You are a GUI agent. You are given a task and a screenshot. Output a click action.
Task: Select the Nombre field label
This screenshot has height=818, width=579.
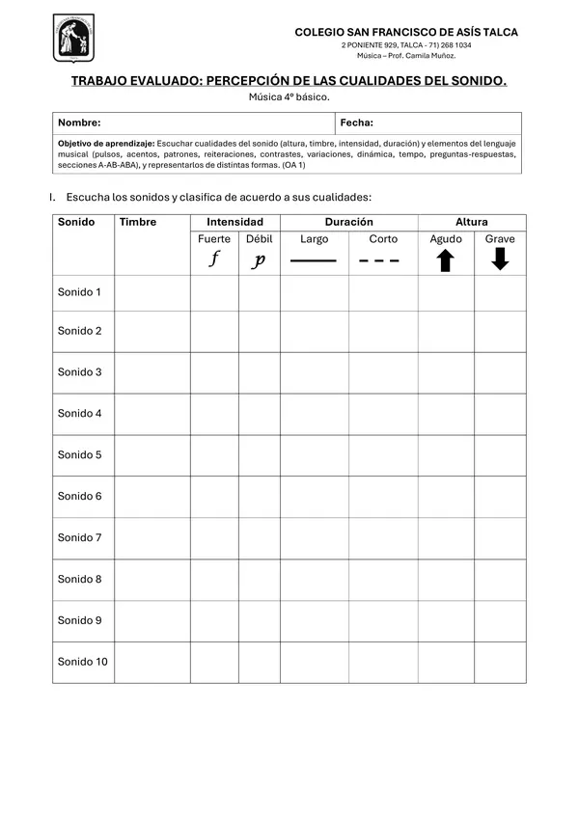(x=79, y=123)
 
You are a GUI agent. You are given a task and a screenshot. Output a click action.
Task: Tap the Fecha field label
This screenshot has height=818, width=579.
(x=357, y=123)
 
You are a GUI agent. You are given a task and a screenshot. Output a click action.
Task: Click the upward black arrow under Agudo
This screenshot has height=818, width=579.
(x=445, y=260)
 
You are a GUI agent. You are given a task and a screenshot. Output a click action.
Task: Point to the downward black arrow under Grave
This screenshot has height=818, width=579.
(x=500, y=259)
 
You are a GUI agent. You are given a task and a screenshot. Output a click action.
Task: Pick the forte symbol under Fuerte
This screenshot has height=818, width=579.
(x=214, y=259)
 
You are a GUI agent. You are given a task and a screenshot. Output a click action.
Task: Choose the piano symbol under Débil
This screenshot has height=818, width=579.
(x=259, y=260)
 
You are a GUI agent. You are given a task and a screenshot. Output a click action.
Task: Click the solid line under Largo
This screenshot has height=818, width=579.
(x=314, y=260)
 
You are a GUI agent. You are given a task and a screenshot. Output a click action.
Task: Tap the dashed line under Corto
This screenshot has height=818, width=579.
(x=379, y=260)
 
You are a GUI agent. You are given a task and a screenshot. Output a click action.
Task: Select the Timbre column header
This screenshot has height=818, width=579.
(x=138, y=222)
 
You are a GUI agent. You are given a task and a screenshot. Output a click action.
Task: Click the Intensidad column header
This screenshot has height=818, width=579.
(x=234, y=222)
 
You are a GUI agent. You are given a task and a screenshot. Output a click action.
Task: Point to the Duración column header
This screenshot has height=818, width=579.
(x=348, y=222)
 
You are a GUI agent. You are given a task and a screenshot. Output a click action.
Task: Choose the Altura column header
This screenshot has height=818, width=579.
(x=472, y=222)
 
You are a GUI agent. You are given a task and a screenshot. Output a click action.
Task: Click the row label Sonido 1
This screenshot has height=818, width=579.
(x=79, y=291)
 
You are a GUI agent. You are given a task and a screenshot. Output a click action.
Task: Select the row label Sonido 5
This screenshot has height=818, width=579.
(x=79, y=454)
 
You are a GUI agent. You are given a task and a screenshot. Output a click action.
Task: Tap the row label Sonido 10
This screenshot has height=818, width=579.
(x=82, y=662)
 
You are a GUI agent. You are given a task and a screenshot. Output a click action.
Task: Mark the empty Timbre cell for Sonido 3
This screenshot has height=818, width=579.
(x=152, y=372)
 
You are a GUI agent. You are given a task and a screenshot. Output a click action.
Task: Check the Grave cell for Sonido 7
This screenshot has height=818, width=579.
(x=500, y=537)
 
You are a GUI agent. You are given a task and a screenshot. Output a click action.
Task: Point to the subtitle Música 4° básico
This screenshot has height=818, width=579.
(x=289, y=97)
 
